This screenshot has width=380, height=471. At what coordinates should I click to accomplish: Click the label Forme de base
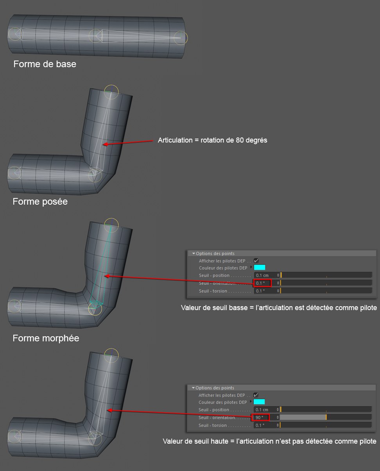(45, 64)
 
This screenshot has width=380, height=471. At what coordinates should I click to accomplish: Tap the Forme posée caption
(40, 202)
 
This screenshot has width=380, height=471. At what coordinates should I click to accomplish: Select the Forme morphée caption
(46, 338)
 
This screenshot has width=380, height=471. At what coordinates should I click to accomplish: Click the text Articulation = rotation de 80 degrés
(212, 140)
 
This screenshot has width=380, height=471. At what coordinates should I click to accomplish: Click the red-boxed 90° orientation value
(260, 417)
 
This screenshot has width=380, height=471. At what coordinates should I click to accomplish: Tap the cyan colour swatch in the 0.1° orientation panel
(260, 268)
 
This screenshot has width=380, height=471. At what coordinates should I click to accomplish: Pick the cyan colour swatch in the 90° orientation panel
(259, 402)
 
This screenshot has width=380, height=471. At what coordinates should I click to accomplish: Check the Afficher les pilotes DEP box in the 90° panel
(256, 395)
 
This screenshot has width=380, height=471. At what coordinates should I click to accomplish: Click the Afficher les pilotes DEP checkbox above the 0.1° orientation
(256, 261)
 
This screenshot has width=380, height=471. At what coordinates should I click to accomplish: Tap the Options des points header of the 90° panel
(215, 388)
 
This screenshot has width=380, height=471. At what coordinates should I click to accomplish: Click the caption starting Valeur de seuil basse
(279, 308)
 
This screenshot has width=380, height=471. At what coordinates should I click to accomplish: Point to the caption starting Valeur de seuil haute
(269, 441)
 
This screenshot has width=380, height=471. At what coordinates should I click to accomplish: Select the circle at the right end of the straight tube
(181, 37)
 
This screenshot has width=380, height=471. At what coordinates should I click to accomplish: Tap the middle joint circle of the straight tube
(95, 36)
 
